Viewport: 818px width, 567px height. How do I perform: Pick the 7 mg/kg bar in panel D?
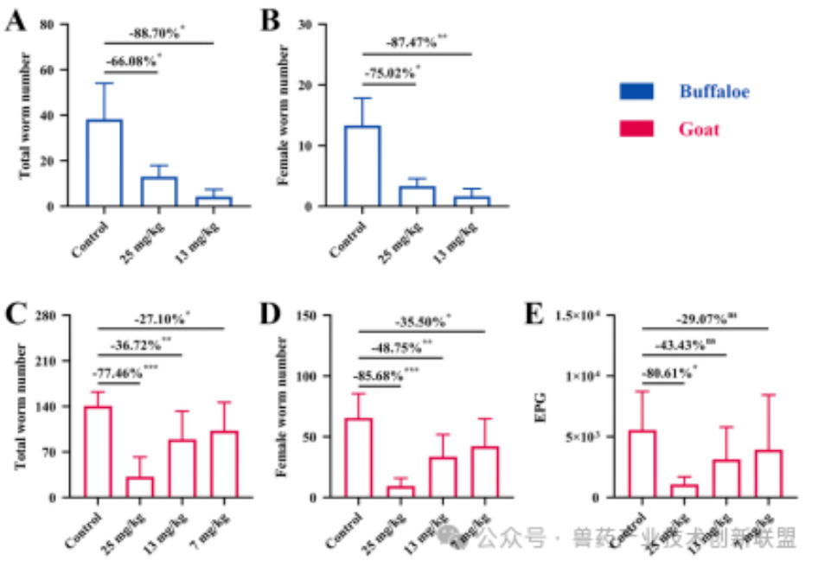[x=484, y=472]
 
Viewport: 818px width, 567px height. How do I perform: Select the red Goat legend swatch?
[x=637, y=130]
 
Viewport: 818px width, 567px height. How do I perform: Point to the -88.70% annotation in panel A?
[x=158, y=34]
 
